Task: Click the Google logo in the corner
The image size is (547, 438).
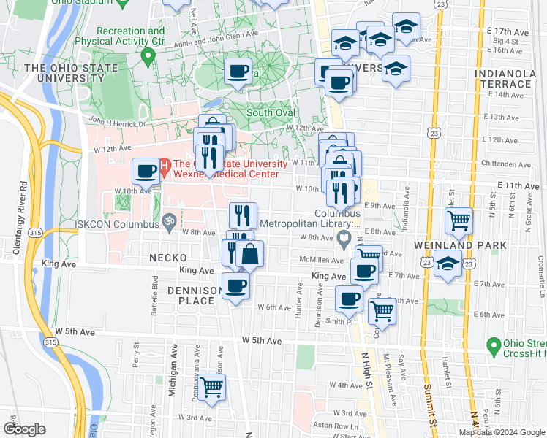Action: tap(24, 429)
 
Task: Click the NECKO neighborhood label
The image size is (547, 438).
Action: tap(167, 258)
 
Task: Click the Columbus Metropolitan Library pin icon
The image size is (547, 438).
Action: tap(344, 237)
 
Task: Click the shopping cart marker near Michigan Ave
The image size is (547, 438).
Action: tap(212, 387)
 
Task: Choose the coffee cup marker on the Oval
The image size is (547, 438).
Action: tap(238, 72)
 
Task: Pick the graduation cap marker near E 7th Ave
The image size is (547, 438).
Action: tap(448, 264)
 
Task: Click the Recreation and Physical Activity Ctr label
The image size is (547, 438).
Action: tap(130, 36)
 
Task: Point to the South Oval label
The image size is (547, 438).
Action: tap(270, 112)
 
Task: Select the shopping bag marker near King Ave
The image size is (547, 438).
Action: tap(250, 254)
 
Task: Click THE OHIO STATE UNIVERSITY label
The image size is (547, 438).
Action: tap(58, 73)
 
